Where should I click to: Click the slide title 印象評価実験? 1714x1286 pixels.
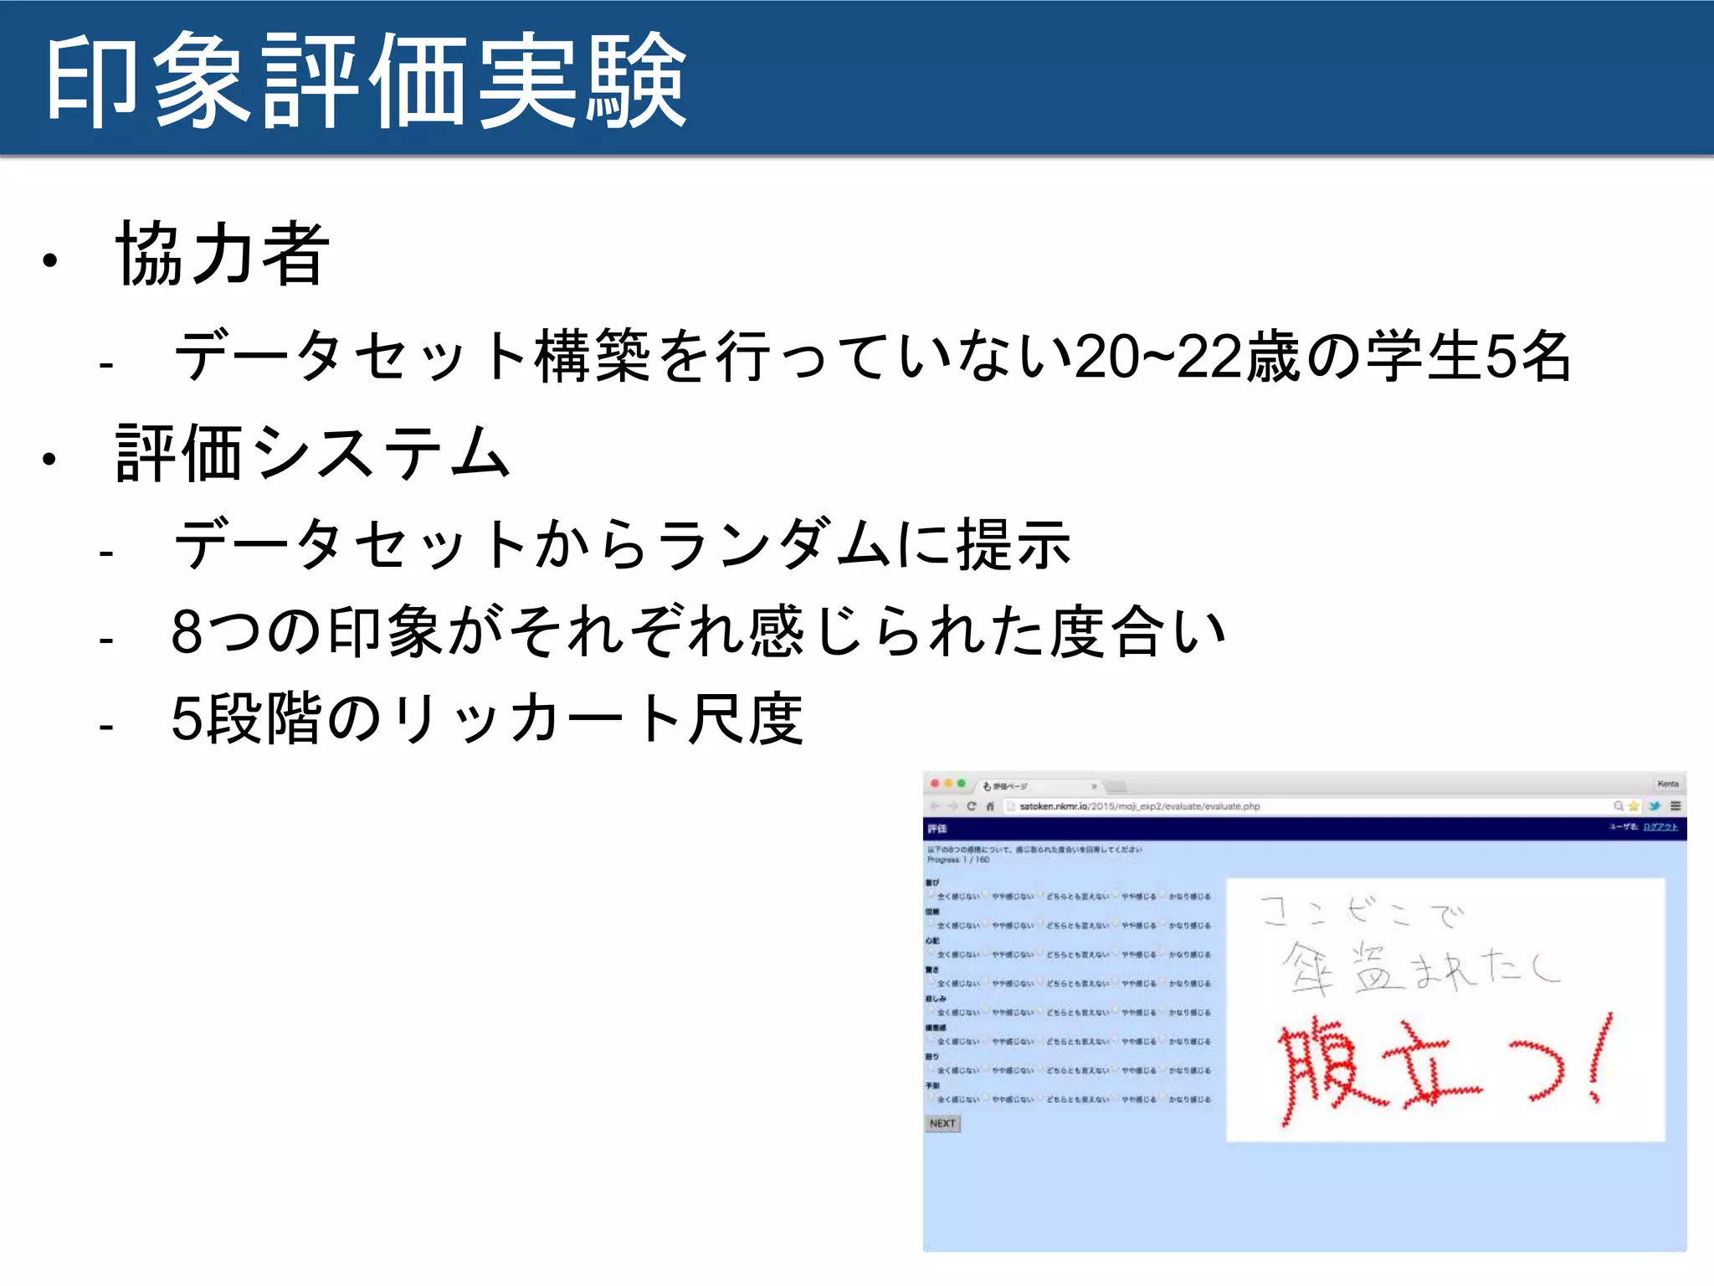pyautogui.click(x=366, y=81)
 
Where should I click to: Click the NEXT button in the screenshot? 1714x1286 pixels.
pyautogui.click(x=942, y=1124)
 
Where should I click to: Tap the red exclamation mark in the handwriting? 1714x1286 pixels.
pyautogui.click(x=1599, y=1058)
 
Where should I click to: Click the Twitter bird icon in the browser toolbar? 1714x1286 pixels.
pyautogui.click(x=1654, y=806)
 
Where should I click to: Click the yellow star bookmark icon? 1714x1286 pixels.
pyautogui.click(x=1633, y=806)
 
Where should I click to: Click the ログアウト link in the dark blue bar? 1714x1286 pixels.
pyautogui.click(x=1660, y=827)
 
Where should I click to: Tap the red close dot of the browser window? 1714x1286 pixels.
pyautogui.click(x=935, y=784)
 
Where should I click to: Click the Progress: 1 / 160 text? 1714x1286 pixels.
pyautogui.click(x=958, y=860)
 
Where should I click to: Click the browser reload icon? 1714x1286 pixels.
pyautogui.click(x=972, y=806)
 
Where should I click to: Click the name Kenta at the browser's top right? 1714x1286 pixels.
pyautogui.click(x=1667, y=784)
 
